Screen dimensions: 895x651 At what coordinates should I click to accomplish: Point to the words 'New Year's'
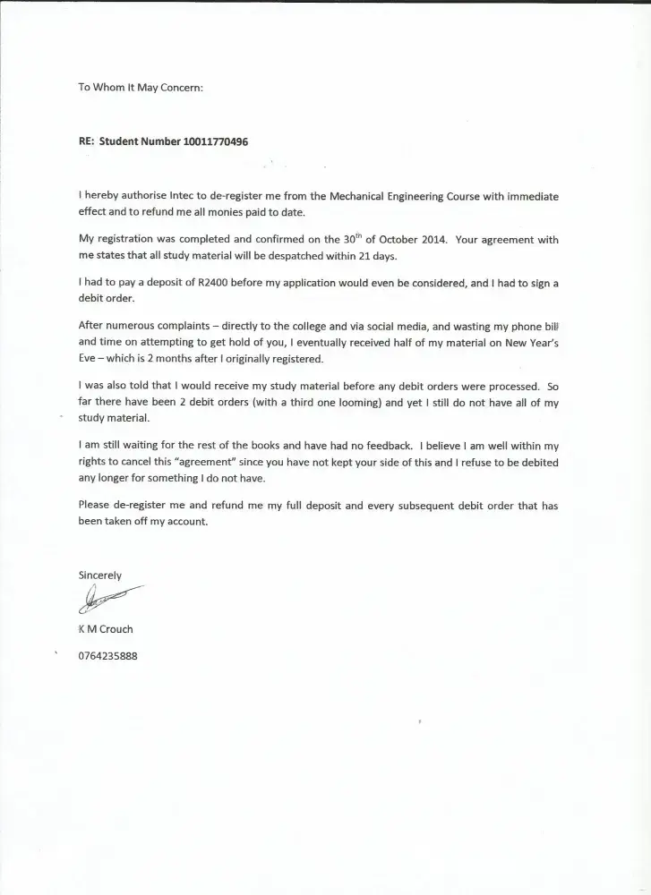[x=527, y=341]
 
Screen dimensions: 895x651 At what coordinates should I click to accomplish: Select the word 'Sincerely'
[x=100, y=575]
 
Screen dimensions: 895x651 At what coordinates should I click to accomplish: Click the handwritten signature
[x=108, y=597]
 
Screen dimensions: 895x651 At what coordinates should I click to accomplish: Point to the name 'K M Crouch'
[x=106, y=628]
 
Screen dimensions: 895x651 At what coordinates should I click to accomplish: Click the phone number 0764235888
[x=108, y=655]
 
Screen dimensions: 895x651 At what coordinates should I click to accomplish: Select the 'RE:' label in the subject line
[x=86, y=141]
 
